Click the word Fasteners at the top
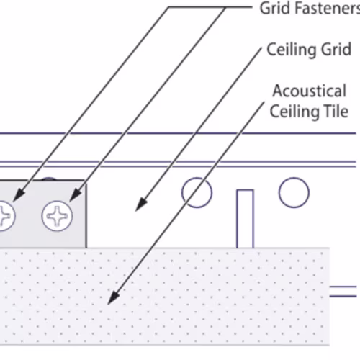(328, 8)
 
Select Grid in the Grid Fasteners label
(275, 8)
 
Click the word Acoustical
(310, 91)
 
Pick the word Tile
(336, 111)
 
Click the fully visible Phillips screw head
(57, 216)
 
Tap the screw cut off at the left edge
(7, 216)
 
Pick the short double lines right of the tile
(343, 292)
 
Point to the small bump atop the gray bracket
(48, 179)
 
